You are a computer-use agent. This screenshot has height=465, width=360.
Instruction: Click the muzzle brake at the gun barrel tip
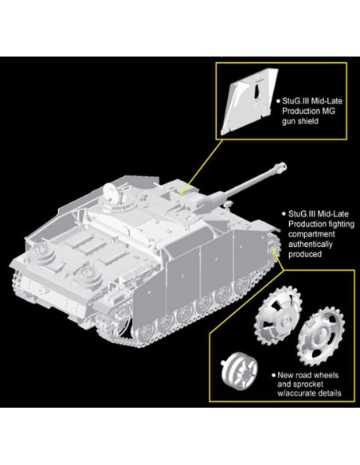(x=280, y=166)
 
